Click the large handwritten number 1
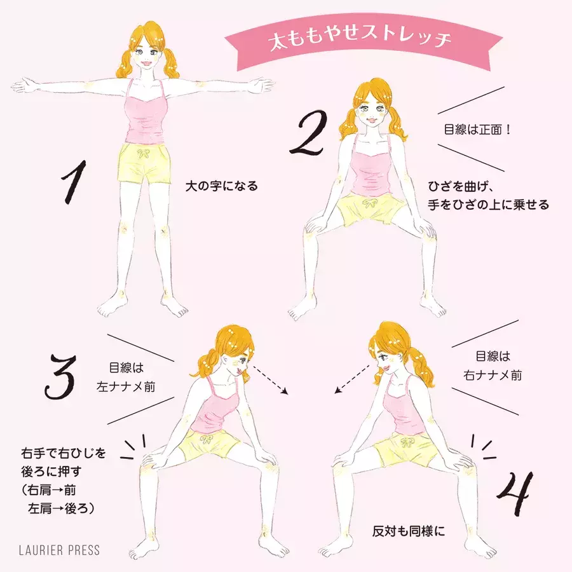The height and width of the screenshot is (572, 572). click(x=75, y=182)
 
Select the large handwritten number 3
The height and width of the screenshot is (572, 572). click(x=60, y=376)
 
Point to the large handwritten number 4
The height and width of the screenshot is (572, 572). click(x=515, y=493)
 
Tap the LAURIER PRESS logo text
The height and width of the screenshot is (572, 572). click(x=59, y=550)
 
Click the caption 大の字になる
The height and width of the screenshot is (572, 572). click(x=221, y=186)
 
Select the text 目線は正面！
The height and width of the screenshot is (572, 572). click(x=477, y=129)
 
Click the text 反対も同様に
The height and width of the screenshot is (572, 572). click(x=409, y=531)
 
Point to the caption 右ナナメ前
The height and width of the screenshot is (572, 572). click(x=493, y=375)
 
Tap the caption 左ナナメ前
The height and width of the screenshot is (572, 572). click(x=126, y=386)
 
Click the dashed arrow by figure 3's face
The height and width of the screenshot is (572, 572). click(x=270, y=379)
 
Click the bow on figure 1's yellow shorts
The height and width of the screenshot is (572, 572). click(x=144, y=153)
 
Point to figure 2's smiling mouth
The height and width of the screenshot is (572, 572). click(x=371, y=119)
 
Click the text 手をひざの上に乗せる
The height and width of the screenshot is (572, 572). click(x=489, y=205)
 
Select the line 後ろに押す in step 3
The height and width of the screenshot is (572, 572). click(x=51, y=472)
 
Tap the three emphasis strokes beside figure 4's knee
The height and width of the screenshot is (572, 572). click(x=483, y=447)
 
